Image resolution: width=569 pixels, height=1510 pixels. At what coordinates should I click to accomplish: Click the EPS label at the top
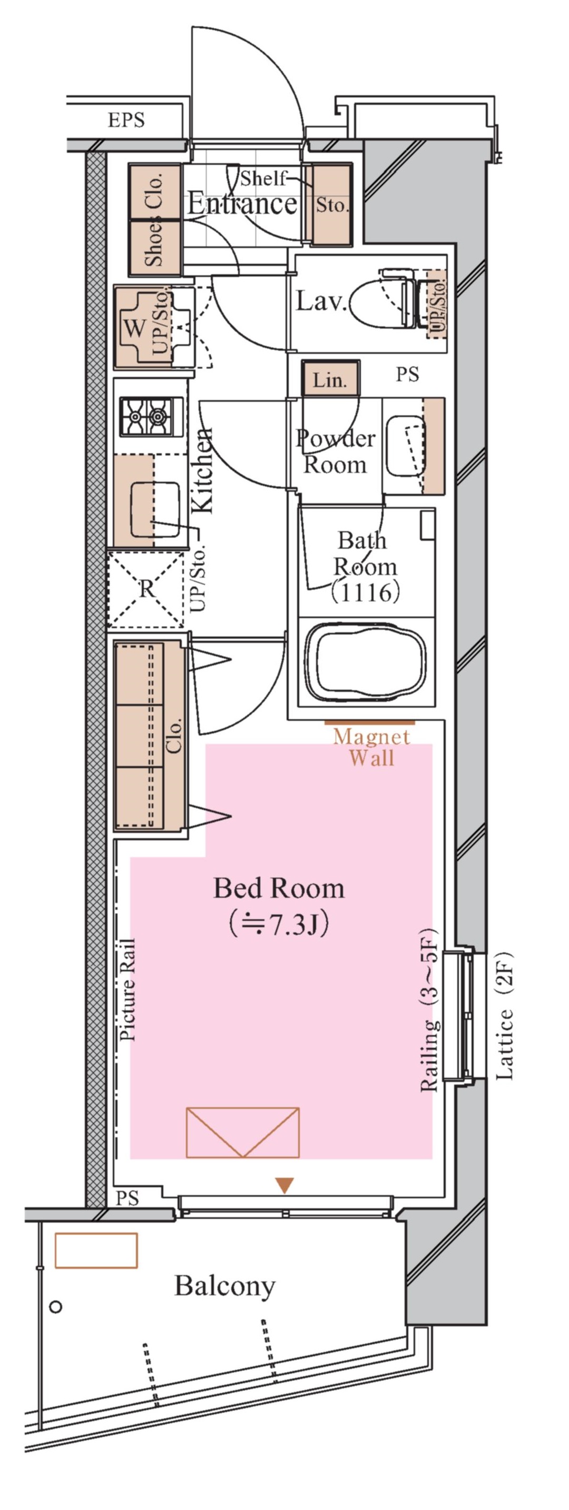tap(125, 120)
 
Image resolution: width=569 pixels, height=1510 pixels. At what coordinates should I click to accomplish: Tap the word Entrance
tap(242, 204)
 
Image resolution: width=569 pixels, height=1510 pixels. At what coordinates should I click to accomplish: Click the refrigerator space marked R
tap(146, 589)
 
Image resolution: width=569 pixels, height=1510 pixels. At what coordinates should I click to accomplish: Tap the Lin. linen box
tap(330, 380)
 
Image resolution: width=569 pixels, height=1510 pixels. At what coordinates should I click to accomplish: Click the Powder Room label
tap(335, 451)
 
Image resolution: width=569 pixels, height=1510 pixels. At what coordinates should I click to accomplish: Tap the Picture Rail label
tap(127, 989)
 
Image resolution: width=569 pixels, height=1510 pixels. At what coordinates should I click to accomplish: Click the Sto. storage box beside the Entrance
tap(332, 205)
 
